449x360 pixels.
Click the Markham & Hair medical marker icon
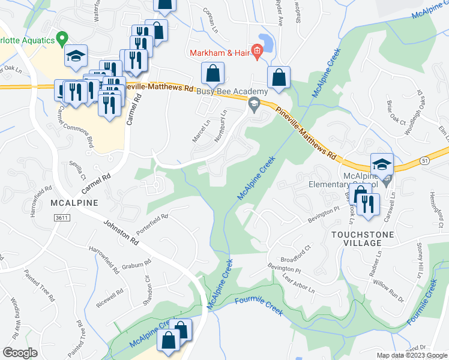257,52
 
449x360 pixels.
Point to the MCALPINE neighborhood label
74,203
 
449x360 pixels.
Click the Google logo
20,352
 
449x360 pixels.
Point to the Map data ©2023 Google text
411,355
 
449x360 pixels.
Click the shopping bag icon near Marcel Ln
212,74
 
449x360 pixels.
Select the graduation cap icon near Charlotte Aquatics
76,56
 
